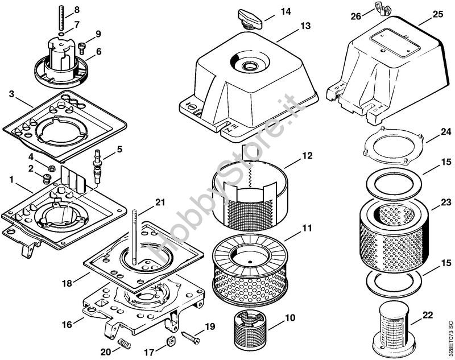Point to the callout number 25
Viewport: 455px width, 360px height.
437,13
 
